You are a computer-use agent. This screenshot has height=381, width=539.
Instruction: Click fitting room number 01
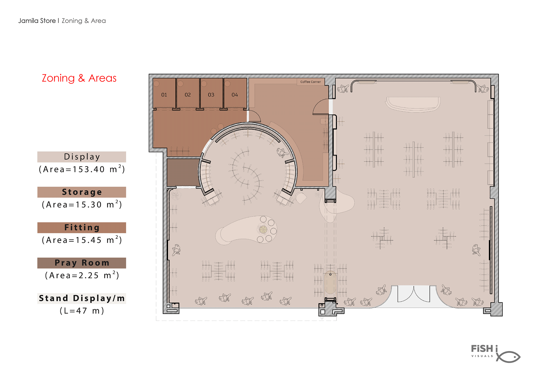(164, 93)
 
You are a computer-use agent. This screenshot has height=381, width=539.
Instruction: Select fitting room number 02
(188, 93)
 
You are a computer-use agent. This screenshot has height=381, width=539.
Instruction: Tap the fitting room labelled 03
(211, 93)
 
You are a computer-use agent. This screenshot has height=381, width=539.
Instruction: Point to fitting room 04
(235, 93)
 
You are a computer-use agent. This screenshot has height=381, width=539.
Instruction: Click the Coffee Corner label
(310, 82)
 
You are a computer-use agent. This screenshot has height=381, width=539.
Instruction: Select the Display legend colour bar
(82, 157)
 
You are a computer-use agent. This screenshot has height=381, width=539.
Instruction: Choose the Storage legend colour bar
(82, 192)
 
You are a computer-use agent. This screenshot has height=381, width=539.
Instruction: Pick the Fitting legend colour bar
(82, 227)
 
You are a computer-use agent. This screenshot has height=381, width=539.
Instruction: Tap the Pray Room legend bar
(82, 263)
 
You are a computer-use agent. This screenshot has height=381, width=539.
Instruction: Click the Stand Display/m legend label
(82, 298)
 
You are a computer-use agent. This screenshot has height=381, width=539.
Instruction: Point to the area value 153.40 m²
(82, 169)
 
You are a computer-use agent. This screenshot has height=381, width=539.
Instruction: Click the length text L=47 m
(82, 311)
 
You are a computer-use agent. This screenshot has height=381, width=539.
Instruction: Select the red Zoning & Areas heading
(79, 78)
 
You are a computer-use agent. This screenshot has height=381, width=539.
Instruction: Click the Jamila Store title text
(37, 21)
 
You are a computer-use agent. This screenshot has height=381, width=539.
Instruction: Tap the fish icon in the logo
(508, 357)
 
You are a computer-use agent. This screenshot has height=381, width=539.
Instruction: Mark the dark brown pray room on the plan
(183, 172)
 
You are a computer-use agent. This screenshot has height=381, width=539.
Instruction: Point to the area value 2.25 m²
(82, 275)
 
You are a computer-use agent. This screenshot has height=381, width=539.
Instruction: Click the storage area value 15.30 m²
(82, 204)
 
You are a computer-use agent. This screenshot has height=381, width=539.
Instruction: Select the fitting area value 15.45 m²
(82, 240)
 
